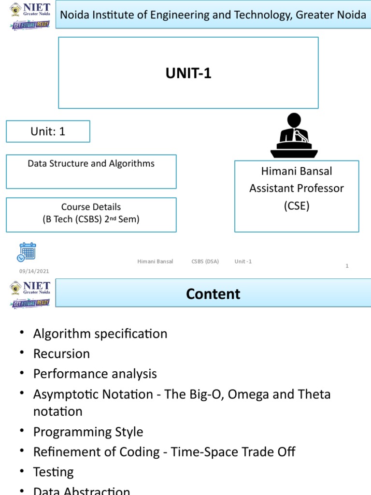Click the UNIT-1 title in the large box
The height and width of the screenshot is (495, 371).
point(188,73)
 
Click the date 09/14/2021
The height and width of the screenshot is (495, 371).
point(34,271)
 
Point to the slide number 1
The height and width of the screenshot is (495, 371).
point(347,266)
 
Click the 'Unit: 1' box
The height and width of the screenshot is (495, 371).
point(48,131)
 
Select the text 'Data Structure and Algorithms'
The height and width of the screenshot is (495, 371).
point(91,163)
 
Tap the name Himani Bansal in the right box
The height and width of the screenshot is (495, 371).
point(296,171)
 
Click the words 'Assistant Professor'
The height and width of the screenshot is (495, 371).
point(296,189)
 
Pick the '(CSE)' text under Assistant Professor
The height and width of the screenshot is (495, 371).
point(296,206)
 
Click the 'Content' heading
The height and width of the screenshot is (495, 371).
point(213,294)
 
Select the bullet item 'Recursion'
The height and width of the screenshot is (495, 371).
point(61,354)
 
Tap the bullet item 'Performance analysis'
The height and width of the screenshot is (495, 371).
point(95,374)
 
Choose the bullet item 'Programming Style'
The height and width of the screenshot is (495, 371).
point(88,432)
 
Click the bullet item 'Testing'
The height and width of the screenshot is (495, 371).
point(53,472)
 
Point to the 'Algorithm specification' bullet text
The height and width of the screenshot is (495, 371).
point(100,334)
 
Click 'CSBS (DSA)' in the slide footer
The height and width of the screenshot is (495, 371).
point(205,262)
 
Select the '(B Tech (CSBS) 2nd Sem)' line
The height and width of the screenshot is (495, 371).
point(91,219)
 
